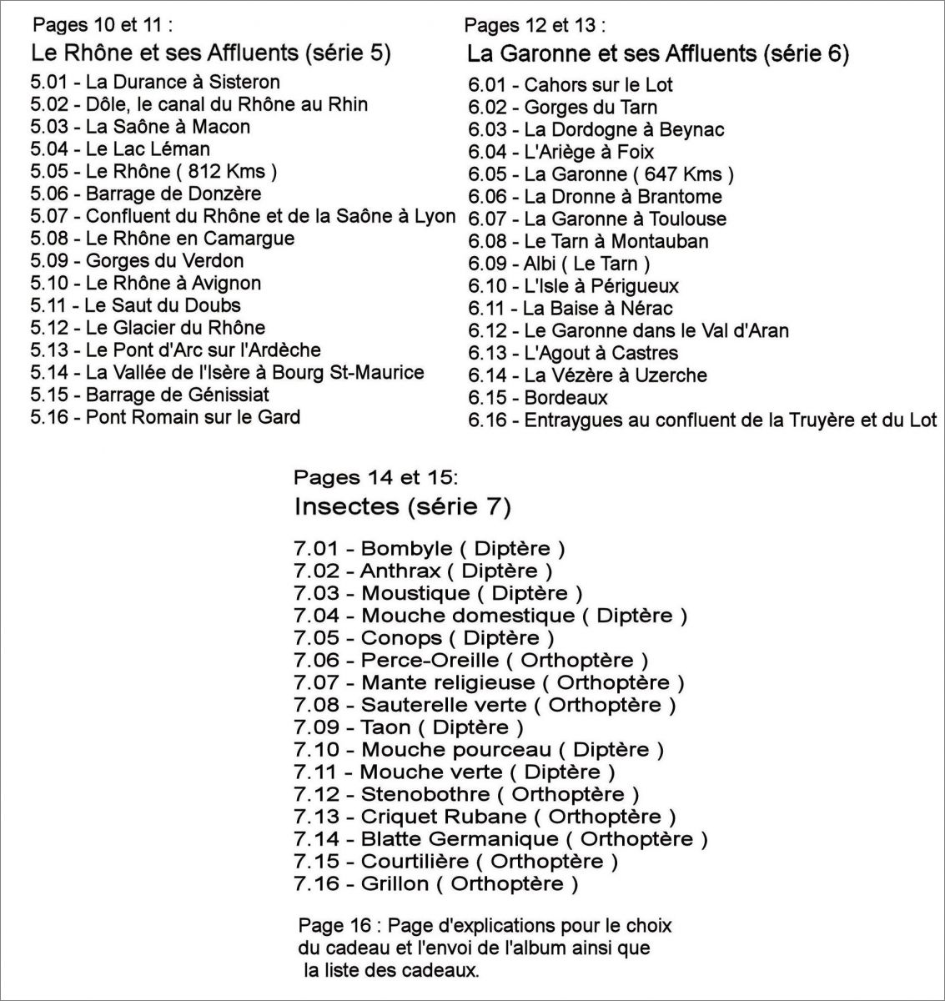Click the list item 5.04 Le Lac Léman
(120, 149)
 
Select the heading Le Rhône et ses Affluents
(210, 53)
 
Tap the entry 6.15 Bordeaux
(538, 398)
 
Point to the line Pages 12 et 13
(535, 25)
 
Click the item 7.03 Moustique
(438, 594)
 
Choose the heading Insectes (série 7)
(403, 506)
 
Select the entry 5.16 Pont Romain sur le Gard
(165, 417)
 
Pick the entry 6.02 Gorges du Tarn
(562, 107)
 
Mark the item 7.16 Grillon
(435, 884)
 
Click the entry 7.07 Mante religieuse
(489, 683)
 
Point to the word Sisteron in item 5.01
(244, 82)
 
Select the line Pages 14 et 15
(375, 478)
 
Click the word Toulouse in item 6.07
(689, 219)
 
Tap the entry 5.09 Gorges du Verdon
(137, 261)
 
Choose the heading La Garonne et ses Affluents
(657, 55)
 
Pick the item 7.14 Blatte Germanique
(500, 839)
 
